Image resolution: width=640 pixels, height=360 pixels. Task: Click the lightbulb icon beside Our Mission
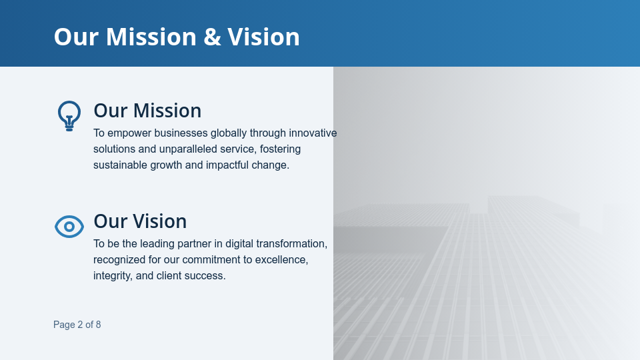click(69, 115)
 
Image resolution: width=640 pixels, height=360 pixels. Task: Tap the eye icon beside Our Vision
click(69, 227)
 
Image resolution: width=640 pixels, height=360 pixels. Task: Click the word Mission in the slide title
click(151, 37)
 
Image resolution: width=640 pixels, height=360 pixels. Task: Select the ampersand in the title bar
click(212, 37)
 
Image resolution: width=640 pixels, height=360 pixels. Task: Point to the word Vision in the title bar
click(263, 37)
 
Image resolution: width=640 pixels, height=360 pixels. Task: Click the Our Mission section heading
click(147, 111)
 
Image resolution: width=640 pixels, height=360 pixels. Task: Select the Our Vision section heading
click(140, 221)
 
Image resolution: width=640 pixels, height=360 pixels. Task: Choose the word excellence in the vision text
click(282, 260)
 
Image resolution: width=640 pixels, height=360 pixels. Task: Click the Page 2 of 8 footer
click(77, 325)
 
